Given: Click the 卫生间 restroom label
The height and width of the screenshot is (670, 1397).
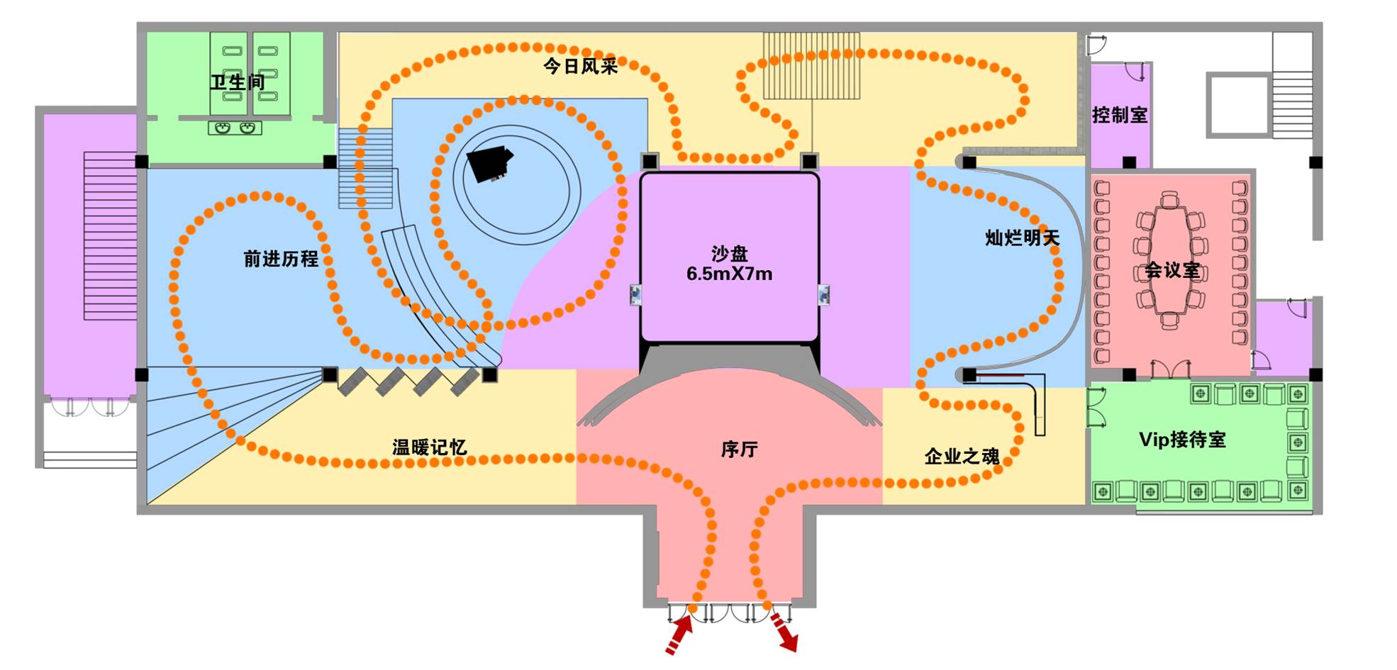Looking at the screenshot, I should pos(237,82).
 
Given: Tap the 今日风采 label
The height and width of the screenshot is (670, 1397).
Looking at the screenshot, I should pos(580,67).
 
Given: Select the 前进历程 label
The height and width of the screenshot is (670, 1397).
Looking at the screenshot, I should pos(281,259).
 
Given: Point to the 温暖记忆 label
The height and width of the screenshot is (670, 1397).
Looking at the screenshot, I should pos(429,447).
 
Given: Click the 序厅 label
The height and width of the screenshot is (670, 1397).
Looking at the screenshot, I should pos(739,450).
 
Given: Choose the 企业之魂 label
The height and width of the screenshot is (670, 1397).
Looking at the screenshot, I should pos(962,457).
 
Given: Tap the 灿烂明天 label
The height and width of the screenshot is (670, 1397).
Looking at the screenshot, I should pos(1022,238).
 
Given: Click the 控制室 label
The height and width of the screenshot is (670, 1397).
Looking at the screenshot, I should pos(1119,115).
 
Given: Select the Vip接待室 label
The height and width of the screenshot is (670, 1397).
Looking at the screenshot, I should pos(1182,440).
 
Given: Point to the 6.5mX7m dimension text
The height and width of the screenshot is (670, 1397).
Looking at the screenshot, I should pos(729,274).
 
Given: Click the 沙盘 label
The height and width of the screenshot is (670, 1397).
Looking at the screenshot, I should pos(729,253).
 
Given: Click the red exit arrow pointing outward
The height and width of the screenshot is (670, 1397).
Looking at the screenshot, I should pos(784,632).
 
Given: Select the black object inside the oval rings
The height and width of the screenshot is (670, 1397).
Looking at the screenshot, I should pos(489,164).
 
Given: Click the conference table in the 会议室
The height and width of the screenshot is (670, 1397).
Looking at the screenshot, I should pos(1169,259).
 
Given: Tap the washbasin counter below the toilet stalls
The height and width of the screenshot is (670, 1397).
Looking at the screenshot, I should pos(235,128).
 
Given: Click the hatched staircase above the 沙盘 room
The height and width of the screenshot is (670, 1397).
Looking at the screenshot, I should pos(811,65).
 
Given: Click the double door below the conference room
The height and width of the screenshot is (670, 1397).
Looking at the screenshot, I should pos(1170,369).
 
